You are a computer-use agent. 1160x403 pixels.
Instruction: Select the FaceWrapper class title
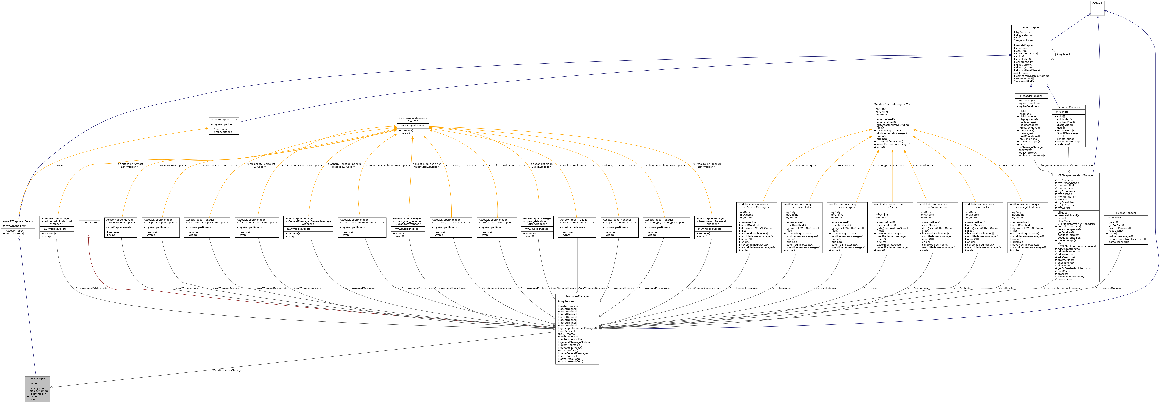[x=37, y=379]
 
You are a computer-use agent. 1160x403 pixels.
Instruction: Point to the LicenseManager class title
[x=1126, y=213]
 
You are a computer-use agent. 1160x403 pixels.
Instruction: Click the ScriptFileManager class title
[x=1069, y=107]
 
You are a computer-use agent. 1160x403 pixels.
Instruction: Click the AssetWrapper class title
[x=1031, y=27]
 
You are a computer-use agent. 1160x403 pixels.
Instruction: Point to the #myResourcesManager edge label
[x=228, y=370]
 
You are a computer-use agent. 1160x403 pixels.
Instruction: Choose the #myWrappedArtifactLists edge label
[x=91, y=288]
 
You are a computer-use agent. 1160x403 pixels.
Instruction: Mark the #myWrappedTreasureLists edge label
[x=704, y=288]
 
